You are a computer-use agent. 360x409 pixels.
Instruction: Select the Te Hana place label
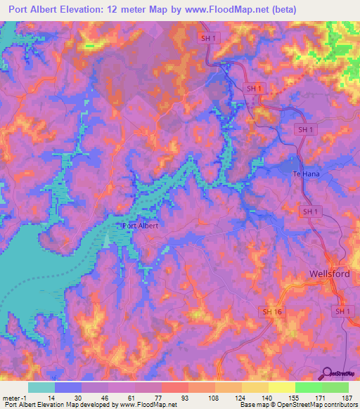coord(306,174)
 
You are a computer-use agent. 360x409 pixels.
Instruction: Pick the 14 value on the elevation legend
coord(54,398)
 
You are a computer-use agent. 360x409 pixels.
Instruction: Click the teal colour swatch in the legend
coord(41,387)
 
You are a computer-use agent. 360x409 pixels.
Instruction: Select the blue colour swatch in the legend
coord(67,387)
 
